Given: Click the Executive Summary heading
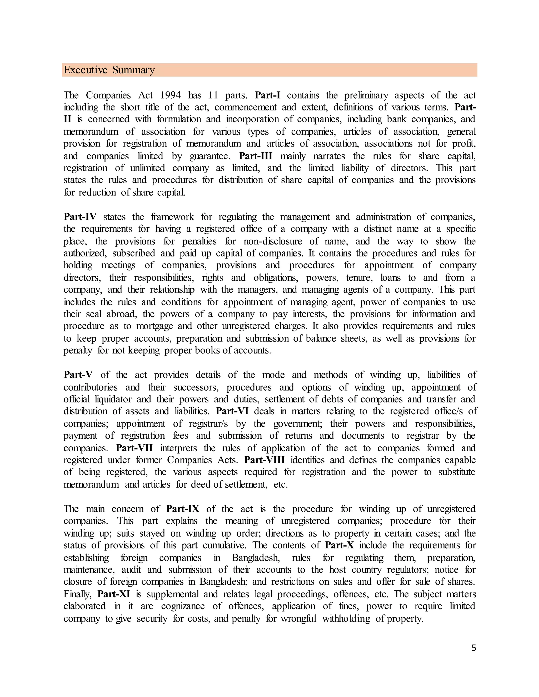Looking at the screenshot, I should click(109, 70).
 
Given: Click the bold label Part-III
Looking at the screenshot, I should click(256, 156).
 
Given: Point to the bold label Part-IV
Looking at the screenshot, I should click(80, 217).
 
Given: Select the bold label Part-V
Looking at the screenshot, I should click(78, 375).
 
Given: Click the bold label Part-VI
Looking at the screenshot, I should click(232, 411).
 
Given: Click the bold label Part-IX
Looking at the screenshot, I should click(183, 509).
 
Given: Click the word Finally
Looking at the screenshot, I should click(77, 594).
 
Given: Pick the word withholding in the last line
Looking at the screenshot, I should click(346, 619).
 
